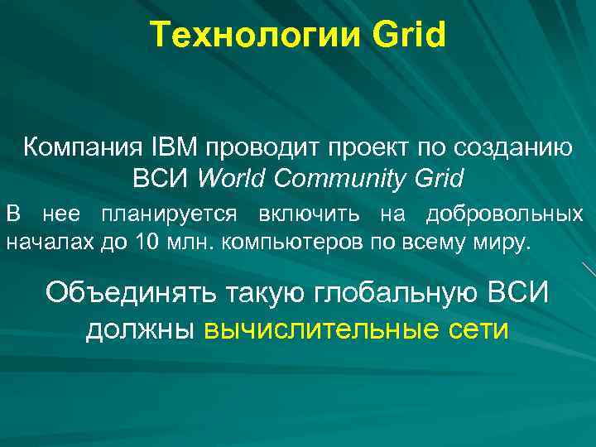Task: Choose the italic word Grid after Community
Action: (x=436, y=177)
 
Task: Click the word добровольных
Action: (x=504, y=215)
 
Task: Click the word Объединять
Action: (x=132, y=292)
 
